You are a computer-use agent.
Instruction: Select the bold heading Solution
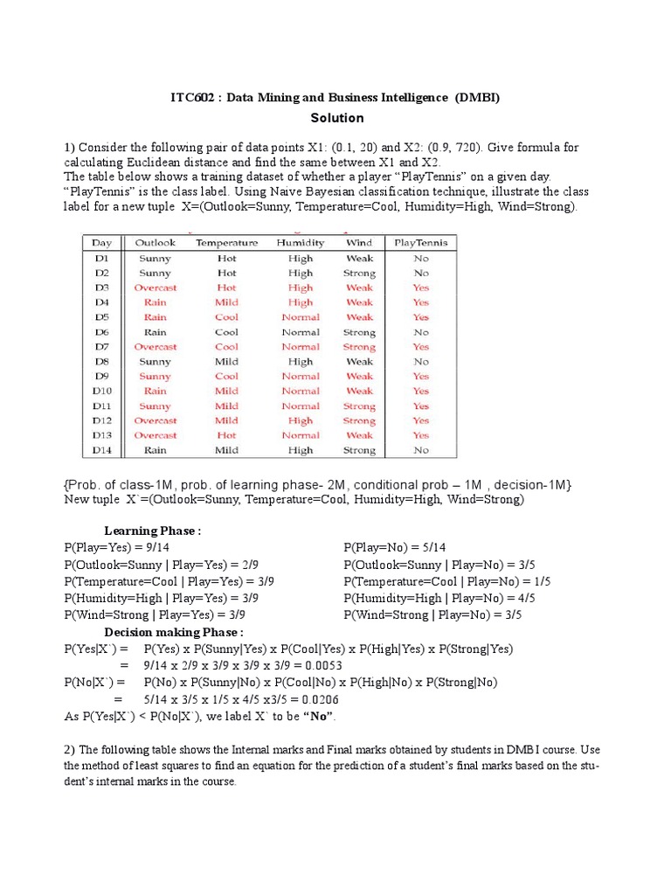(336, 118)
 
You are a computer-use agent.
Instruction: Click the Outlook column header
(155, 243)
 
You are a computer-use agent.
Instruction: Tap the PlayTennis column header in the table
(420, 243)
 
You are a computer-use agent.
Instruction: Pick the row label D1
(102, 258)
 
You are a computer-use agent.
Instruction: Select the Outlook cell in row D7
(155, 347)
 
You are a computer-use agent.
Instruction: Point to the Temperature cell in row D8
(226, 362)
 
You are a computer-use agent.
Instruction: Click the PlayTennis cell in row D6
(420, 332)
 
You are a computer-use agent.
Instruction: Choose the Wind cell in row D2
(358, 273)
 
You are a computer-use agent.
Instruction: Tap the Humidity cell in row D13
(301, 435)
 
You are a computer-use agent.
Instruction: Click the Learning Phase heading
(153, 531)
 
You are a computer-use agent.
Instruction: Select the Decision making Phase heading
(174, 632)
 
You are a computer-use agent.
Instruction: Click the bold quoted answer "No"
(318, 717)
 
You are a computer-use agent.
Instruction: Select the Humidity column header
(300, 243)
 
